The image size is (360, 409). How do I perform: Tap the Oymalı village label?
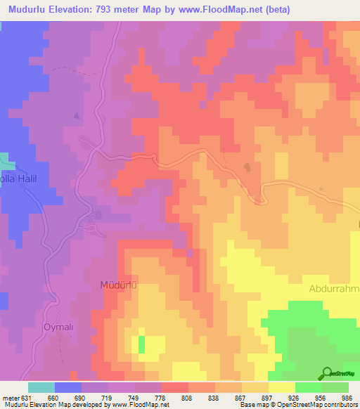click(x=59, y=327)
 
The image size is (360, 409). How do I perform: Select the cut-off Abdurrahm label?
click(x=334, y=289)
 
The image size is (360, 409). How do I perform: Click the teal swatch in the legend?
click(x=41, y=387)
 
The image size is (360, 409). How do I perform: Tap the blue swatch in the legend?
click(x=68, y=387)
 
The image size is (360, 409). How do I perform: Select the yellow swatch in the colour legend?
click(x=282, y=387)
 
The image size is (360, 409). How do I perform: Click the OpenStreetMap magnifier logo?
click(x=328, y=373)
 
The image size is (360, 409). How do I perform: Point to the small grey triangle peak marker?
click(x=77, y=115)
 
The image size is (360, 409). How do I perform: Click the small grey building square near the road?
click(x=247, y=167)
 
